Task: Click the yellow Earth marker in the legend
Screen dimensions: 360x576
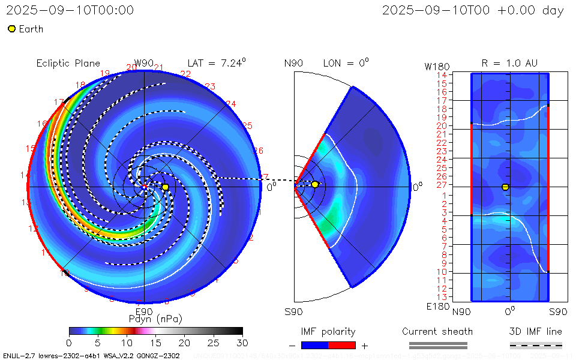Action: click(x=11, y=29)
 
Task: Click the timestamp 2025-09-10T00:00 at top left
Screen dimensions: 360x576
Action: click(x=70, y=10)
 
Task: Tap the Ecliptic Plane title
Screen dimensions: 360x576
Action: click(x=68, y=63)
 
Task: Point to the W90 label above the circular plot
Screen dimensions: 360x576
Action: click(x=144, y=63)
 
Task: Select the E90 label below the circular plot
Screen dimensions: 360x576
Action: click(x=144, y=311)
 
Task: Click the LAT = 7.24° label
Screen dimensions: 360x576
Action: click(x=217, y=62)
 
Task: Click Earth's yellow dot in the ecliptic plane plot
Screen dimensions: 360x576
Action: click(x=165, y=187)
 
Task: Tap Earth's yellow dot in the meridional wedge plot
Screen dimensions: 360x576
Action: click(x=315, y=184)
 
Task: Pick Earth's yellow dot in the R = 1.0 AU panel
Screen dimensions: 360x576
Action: click(x=505, y=187)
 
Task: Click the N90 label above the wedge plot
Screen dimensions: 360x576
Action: click(x=293, y=63)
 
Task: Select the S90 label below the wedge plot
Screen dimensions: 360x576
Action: click(x=293, y=311)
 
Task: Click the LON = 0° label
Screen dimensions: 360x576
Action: click(x=346, y=62)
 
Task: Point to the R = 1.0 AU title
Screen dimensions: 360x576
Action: click(x=509, y=63)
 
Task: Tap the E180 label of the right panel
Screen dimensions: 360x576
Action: click(x=436, y=307)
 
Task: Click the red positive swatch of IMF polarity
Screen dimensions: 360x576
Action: click(x=342, y=345)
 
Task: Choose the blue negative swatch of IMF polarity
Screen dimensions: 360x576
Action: click(x=314, y=345)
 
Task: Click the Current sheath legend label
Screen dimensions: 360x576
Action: click(x=437, y=331)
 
